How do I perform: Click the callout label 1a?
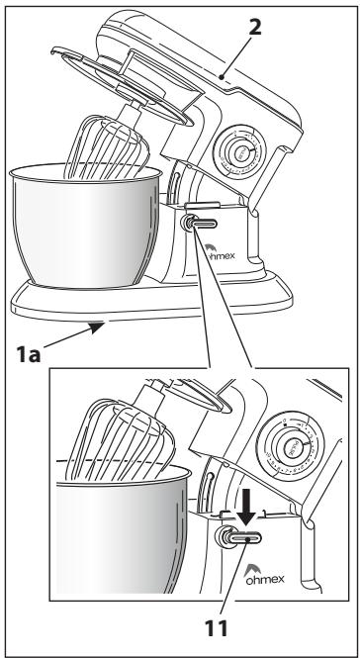(29, 355)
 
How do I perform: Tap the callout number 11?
(217, 628)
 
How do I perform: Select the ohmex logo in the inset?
(264, 574)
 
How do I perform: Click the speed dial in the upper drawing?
(239, 153)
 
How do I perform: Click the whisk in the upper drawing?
(107, 146)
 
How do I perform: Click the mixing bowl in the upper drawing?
(86, 226)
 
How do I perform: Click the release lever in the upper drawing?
(200, 223)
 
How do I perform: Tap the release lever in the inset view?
(238, 537)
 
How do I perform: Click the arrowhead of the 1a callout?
(98, 326)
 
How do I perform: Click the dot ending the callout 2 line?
(222, 77)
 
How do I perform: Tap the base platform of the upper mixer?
(151, 299)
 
